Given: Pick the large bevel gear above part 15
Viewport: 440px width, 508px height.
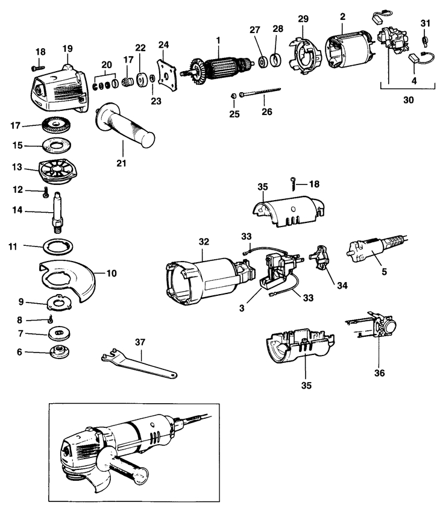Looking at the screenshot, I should tap(58, 126).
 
